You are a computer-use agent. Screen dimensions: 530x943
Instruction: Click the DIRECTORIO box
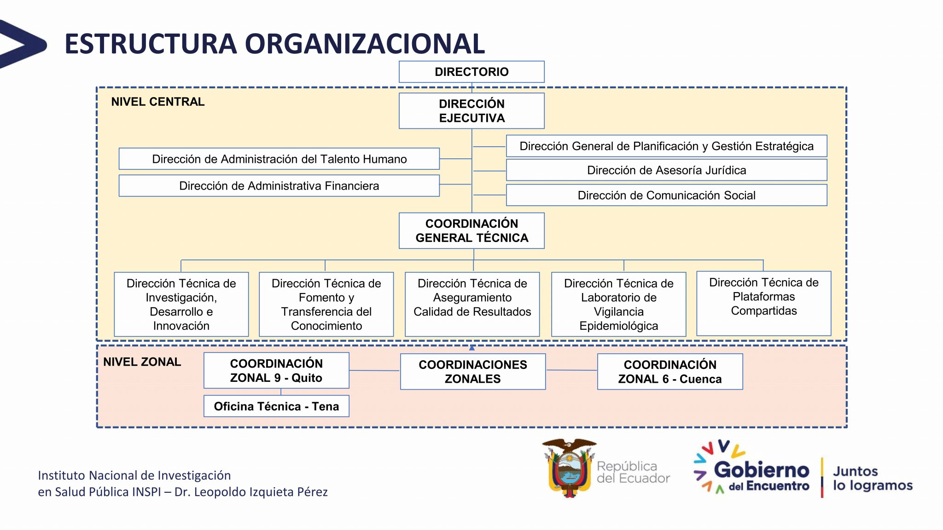click(471, 72)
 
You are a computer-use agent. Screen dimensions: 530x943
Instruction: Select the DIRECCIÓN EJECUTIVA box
click(471, 111)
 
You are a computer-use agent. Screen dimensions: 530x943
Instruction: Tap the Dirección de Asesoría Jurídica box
click(666, 170)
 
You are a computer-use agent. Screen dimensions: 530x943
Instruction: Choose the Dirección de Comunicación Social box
click(666, 195)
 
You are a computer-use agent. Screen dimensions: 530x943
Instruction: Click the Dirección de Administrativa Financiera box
click(279, 186)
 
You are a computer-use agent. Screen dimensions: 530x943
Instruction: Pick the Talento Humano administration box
click(279, 159)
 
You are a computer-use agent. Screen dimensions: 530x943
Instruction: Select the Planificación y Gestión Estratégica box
click(666, 146)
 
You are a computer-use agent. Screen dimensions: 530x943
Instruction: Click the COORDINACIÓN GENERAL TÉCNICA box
click(471, 230)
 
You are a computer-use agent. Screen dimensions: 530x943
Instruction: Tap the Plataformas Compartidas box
click(763, 303)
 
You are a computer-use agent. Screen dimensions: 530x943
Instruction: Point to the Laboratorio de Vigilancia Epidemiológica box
click(618, 304)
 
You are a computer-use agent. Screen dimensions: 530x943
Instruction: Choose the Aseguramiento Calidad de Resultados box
click(472, 304)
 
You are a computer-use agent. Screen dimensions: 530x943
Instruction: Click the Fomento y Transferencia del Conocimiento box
click(326, 304)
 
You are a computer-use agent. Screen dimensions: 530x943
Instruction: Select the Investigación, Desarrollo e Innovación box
click(181, 304)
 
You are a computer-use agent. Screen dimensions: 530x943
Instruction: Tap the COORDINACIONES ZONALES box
click(473, 372)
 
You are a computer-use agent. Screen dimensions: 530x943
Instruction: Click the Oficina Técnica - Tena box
click(276, 406)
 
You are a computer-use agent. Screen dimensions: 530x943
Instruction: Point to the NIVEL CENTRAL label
click(158, 102)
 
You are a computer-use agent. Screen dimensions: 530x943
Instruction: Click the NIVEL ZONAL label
click(142, 362)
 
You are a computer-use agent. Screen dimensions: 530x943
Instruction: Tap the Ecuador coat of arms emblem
click(569, 468)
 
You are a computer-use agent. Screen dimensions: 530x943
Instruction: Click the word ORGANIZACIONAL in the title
click(364, 44)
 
